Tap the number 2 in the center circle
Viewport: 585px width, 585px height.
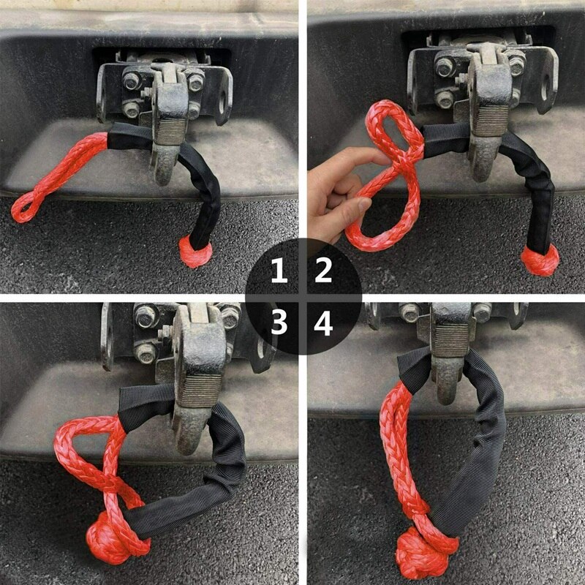click(323, 272)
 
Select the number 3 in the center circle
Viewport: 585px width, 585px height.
click(279, 322)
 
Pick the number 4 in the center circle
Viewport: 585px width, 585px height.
click(323, 322)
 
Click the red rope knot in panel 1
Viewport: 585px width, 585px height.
click(195, 252)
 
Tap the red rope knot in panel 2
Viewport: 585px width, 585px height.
click(540, 259)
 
